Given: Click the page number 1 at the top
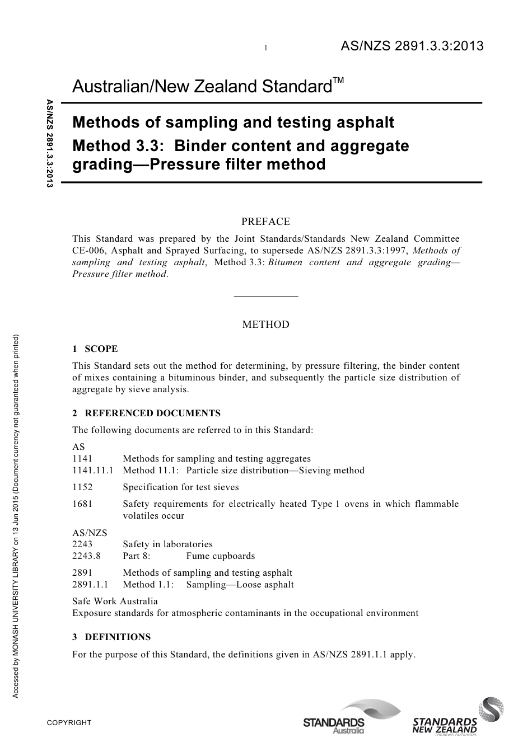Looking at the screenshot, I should coord(266,49).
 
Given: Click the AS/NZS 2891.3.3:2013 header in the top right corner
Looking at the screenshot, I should coord(412,46).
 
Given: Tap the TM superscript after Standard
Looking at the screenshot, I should coord(338,81).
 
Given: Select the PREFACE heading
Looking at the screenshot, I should coord(265,222).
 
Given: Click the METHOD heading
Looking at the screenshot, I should coord(265,325).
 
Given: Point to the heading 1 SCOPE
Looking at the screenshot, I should coord(95,349).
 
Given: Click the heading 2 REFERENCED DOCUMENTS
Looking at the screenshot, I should coord(147,413).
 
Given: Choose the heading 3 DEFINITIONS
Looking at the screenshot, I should coord(111,637).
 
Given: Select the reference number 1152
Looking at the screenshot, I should coord(82,487).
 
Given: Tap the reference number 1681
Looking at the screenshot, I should coord(82,504).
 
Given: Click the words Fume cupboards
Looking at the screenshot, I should coord(220,556).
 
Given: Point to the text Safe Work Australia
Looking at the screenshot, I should coord(115,601).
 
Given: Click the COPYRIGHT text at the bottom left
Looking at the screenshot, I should coord(69,723).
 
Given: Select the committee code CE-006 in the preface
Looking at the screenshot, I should coord(88,251).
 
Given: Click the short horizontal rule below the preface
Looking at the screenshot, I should coord(265,295).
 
